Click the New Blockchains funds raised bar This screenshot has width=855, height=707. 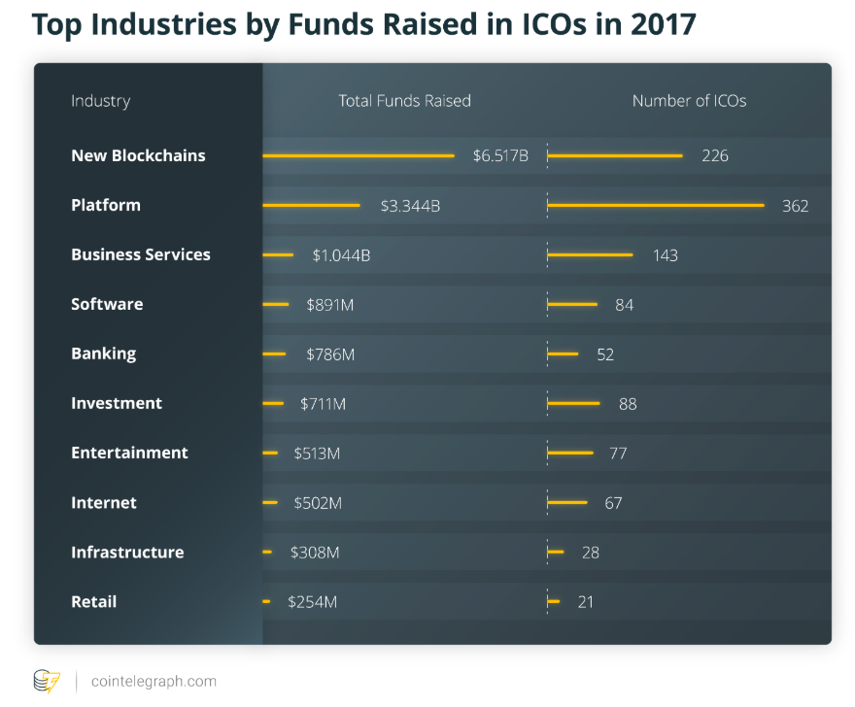358,155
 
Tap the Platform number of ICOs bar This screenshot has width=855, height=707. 656,205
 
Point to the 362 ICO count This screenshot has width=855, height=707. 795,205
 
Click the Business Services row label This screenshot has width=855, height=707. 140,254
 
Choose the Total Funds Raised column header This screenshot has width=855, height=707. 404,101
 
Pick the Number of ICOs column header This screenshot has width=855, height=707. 689,101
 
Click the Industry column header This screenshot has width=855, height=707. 100,101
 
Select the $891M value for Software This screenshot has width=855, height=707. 329,304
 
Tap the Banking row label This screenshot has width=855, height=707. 103,353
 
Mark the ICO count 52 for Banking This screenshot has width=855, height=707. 605,353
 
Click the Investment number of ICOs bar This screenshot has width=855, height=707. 574,403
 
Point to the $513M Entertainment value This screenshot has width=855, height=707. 318,453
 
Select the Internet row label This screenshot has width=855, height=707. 104,502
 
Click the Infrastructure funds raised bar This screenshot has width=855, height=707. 267,552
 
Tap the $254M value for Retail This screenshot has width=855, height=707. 312,601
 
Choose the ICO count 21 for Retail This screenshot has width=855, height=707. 585,601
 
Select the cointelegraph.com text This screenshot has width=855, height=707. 154,682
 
